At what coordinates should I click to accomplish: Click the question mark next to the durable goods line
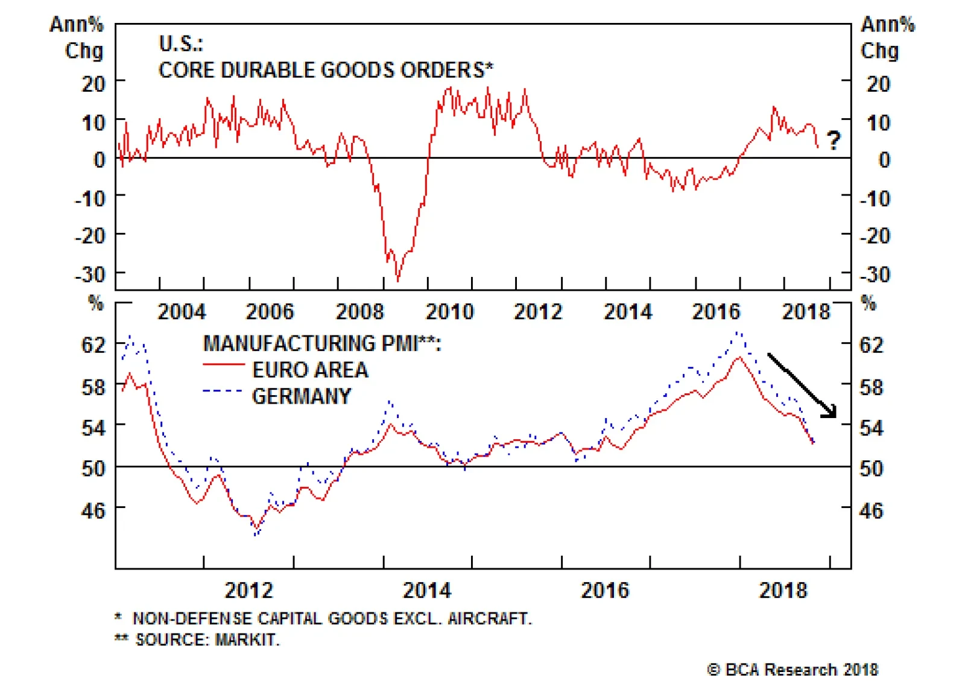coord(833,141)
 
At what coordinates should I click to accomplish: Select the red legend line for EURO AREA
coord(224,365)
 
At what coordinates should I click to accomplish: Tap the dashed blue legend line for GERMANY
coord(223,391)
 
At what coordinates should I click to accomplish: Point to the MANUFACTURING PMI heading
coord(322,343)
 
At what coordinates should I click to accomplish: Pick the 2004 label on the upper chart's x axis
coord(182,312)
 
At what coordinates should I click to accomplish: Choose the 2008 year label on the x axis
coord(359,312)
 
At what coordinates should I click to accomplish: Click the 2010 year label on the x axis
coord(449,312)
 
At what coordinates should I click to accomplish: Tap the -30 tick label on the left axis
coord(90,275)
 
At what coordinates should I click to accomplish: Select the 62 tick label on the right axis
coord(872,345)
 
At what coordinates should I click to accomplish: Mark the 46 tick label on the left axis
coord(93,511)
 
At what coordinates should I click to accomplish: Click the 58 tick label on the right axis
coord(872,387)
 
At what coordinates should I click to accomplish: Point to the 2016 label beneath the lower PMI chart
coord(604,590)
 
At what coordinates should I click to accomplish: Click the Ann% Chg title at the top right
coord(887,37)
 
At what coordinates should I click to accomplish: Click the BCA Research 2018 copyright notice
coord(793,670)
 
